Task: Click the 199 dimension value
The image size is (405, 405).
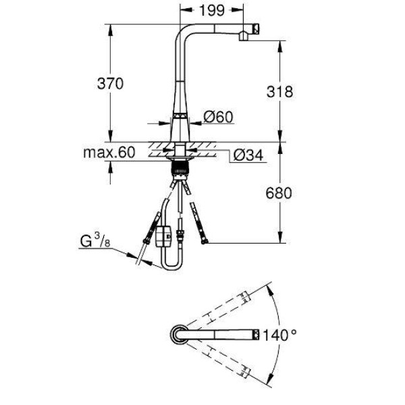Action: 212,11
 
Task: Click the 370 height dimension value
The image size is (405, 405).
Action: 110,84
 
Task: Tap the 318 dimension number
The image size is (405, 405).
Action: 279,92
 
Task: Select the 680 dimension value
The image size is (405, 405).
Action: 279,193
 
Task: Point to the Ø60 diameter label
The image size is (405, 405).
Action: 218,117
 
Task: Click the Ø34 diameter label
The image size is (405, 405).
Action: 248,155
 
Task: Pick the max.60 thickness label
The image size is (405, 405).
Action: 109,153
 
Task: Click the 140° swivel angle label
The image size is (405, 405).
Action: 279,335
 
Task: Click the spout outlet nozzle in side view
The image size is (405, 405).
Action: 244,36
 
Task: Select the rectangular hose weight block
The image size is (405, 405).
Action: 163,237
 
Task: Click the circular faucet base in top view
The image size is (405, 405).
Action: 180,334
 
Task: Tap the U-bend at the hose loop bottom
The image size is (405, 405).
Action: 171,266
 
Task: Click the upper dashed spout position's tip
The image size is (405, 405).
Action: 246,296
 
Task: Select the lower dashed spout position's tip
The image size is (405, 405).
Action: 246,372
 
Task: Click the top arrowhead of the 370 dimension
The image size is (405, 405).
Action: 111,29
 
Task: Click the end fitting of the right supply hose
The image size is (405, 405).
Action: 205,242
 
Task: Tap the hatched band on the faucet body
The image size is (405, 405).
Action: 180,115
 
